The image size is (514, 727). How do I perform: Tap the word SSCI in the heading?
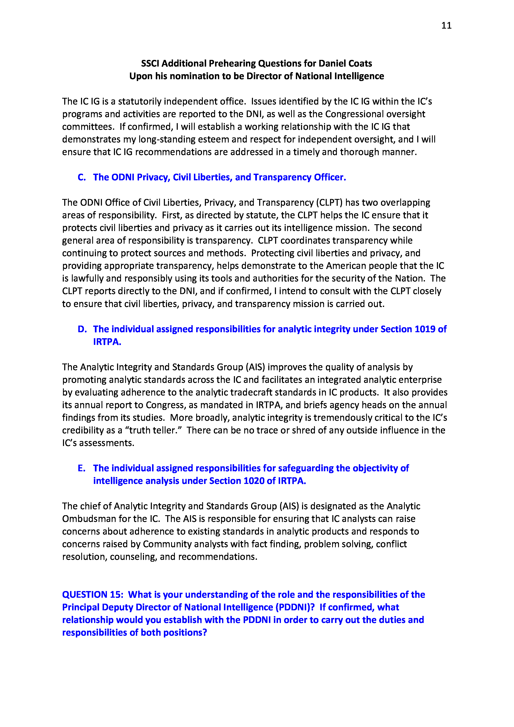(150, 63)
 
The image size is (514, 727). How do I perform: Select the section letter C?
(82, 177)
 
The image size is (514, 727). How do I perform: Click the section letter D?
(82, 329)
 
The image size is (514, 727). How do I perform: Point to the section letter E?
(81, 468)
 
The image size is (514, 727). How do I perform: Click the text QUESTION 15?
(92, 595)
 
